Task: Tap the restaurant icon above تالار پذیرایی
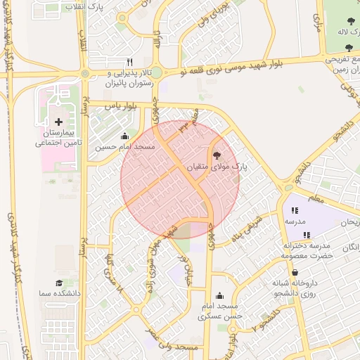129,62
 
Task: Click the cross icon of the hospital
58,122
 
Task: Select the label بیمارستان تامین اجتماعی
59,137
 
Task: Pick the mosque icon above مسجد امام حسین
125,136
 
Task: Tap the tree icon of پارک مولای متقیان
216,155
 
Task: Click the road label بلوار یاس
120,106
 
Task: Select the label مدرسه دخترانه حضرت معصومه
307,251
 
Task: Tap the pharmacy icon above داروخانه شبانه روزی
294,273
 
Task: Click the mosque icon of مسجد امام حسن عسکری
220,296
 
